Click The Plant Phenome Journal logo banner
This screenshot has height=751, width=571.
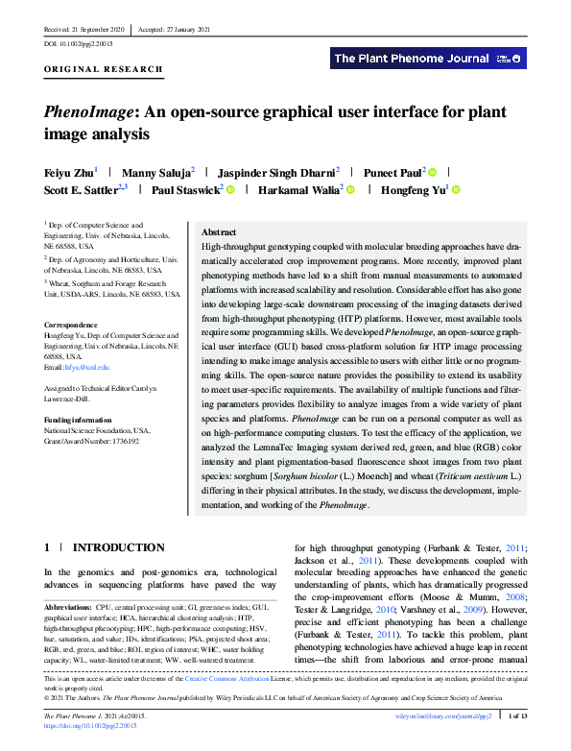[428, 59]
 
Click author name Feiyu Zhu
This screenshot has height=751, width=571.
[68, 172]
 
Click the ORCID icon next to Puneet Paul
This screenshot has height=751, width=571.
[433, 173]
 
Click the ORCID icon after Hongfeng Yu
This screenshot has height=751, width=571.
[456, 190]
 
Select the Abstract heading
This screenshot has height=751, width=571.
[219, 232]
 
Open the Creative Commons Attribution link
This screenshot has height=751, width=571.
[249, 679]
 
